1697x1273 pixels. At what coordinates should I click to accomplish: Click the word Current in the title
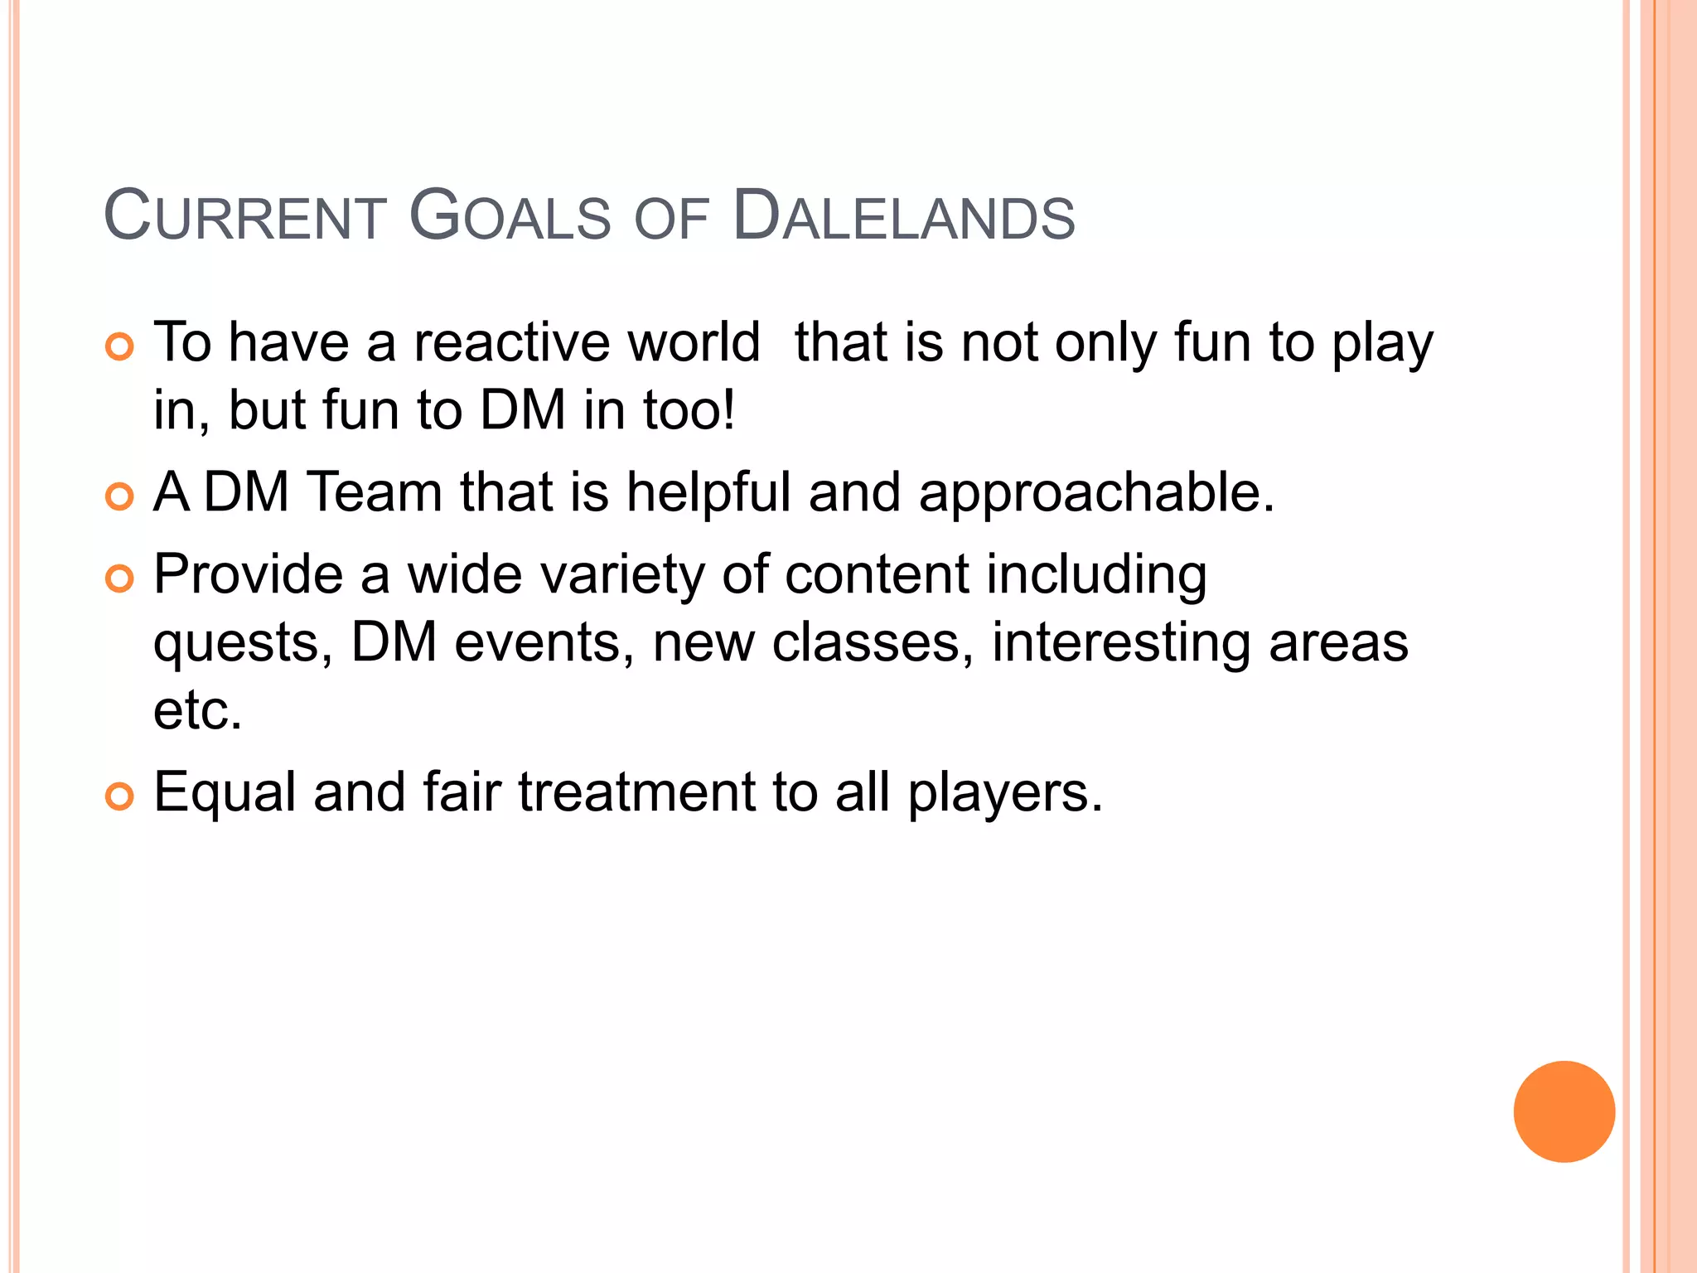pyautogui.click(x=245, y=217)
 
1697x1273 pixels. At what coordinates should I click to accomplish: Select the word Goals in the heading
pyautogui.click(x=510, y=217)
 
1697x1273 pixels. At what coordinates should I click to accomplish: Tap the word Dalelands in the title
pyautogui.click(x=904, y=217)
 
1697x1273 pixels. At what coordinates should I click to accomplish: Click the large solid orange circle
pyautogui.click(x=1564, y=1111)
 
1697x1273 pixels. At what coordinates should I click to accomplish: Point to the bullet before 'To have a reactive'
pyautogui.click(x=120, y=346)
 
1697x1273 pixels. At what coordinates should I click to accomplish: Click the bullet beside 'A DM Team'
pyautogui.click(x=120, y=496)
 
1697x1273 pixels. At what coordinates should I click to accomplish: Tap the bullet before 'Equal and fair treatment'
pyautogui.click(x=120, y=796)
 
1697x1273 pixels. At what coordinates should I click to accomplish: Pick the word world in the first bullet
pyautogui.click(x=694, y=342)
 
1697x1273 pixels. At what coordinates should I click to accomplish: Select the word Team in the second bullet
pyautogui.click(x=375, y=492)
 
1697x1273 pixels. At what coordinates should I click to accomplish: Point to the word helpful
pyautogui.click(x=708, y=492)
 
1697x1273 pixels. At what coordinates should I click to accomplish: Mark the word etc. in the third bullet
pyautogui.click(x=198, y=711)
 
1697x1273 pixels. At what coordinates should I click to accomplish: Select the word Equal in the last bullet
pyautogui.click(x=225, y=793)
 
